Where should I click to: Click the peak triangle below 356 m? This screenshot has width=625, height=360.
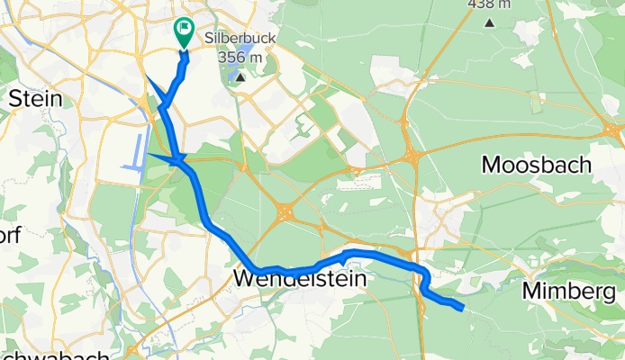(240, 76)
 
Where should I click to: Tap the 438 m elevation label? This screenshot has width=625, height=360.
(485, 4)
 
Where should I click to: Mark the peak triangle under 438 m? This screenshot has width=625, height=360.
(489, 22)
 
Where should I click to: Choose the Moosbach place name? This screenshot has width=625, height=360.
(537, 165)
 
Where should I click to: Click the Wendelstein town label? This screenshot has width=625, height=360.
(300, 280)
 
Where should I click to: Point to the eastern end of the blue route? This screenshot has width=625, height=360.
(463, 309)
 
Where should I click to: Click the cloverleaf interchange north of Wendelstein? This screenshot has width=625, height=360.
(285, 212)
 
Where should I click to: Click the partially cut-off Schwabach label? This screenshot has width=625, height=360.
(54, 355)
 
